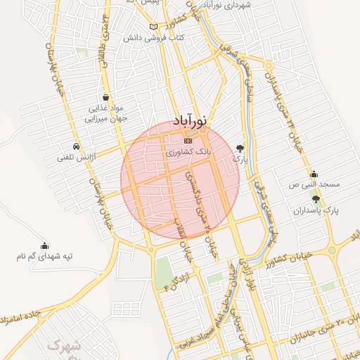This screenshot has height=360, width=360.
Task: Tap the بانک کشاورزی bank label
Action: (187, 151)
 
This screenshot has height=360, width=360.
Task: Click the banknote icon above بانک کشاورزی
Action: (188, 141)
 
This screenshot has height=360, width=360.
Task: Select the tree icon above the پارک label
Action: (241, 148)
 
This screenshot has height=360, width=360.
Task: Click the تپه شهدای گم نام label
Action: (45, 256)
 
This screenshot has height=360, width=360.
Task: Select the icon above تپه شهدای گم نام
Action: (45, 245)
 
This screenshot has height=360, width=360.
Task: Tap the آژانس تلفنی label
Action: (77, 158)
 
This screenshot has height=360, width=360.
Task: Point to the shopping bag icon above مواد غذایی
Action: (105, 98)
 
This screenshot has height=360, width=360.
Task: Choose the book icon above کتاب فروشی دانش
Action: (153, 27)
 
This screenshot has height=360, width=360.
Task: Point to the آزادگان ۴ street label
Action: (176, 281)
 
